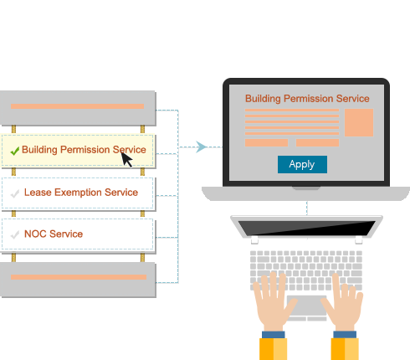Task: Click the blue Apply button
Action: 302,164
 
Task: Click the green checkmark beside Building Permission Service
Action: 15,151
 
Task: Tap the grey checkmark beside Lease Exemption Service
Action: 15,193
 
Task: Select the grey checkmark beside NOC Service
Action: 15,234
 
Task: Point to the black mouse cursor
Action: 126,160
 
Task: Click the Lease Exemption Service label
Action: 81,193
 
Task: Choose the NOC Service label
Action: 54,234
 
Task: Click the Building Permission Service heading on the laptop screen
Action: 307,99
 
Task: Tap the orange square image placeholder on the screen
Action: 359,122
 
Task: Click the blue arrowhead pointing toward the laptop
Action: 202,147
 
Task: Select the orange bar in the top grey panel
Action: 77,106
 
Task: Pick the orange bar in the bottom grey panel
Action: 79,277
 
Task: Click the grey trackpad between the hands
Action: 307,306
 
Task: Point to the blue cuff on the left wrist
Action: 274,335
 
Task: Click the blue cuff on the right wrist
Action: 345,335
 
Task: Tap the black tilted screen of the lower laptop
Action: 306,228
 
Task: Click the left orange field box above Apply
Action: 266,142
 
